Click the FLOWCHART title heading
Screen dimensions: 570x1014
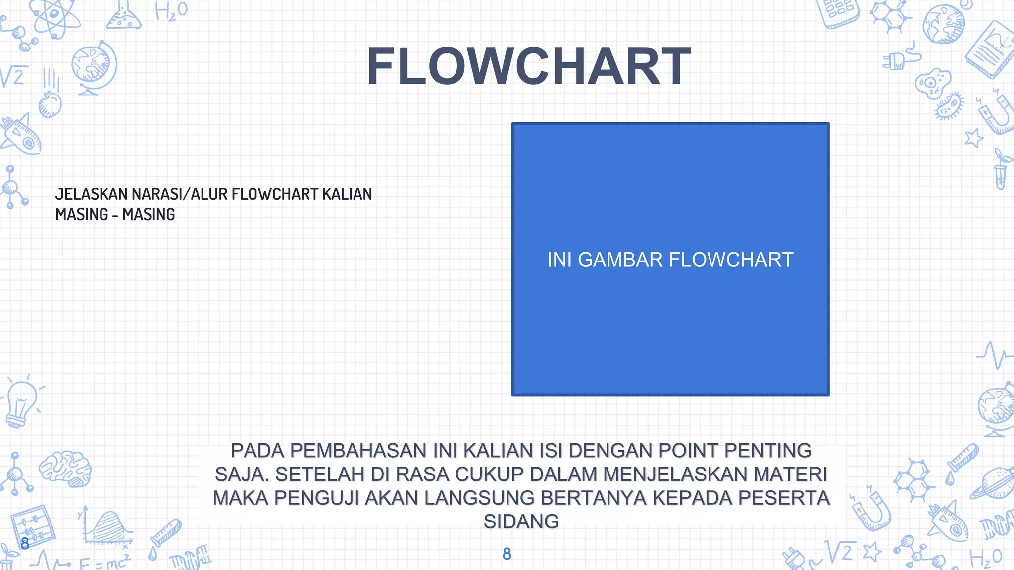(528, 67)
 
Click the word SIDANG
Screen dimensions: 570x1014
(521, 522)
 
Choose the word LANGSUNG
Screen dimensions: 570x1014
(479, 498)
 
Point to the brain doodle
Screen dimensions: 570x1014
(65, 468)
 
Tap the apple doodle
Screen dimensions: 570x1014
(50, 104)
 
